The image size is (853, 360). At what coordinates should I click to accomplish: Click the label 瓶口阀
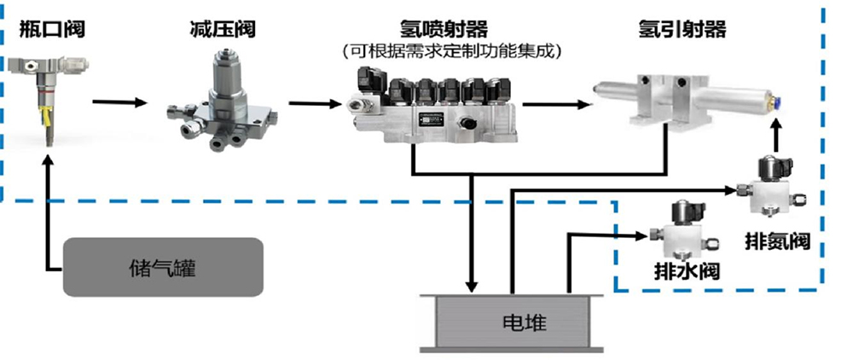point(52,29)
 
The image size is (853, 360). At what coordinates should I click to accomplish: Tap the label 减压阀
point(222,29)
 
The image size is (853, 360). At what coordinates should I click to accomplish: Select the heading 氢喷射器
point(444,29)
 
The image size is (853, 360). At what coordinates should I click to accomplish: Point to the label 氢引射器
point(682,29)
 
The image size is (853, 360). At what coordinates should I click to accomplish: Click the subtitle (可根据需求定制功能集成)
point(451,52)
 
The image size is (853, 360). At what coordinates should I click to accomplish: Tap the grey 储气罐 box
point(163,267)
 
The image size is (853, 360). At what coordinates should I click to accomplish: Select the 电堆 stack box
point(511,323)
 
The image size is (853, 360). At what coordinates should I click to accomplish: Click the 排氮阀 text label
point(777,241)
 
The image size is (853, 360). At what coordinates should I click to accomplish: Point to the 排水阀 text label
point(687,270)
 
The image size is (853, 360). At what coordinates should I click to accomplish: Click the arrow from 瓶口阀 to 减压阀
point(120,102)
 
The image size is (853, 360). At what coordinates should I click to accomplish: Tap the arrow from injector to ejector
point(556,104)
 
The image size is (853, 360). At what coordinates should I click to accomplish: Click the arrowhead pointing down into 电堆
point(473,286)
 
